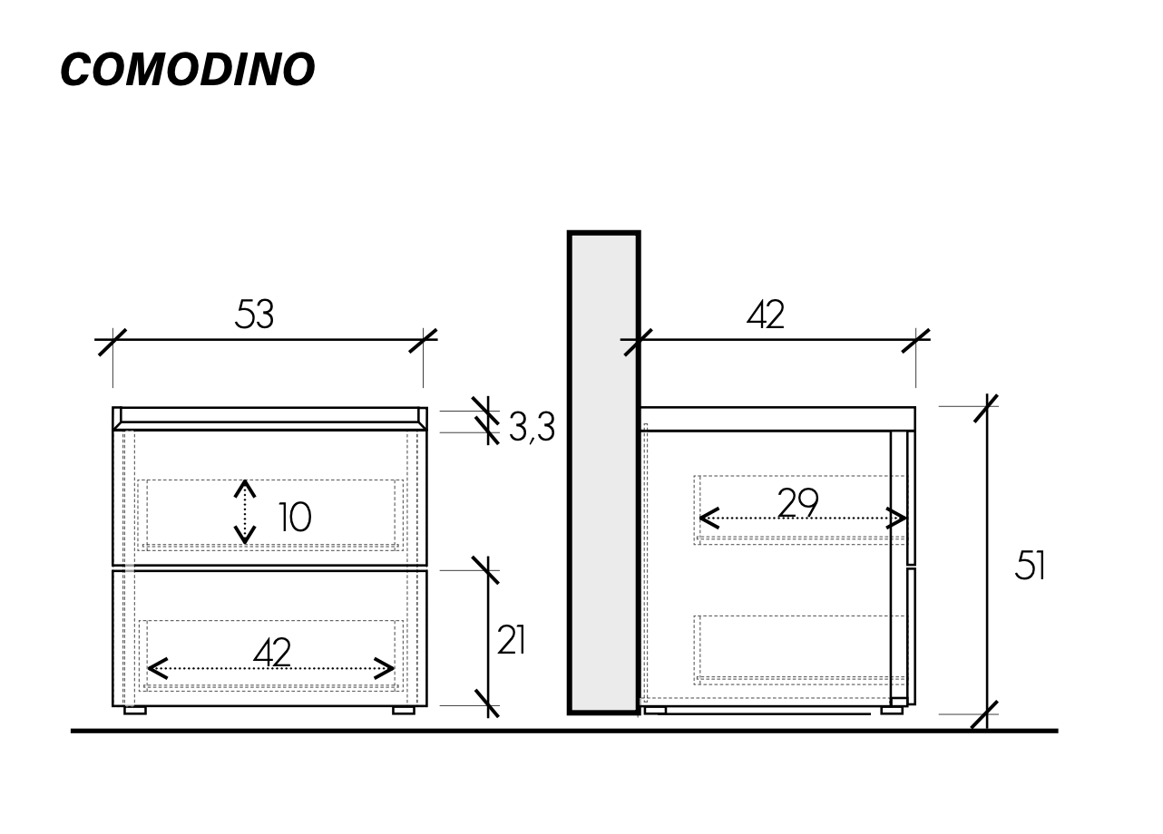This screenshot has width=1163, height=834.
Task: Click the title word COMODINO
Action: click(187, 70)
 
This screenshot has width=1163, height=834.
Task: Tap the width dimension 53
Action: click(254, 315)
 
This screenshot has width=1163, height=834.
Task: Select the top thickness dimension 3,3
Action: click(532, 427)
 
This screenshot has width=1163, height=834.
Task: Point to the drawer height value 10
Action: click(294, 518)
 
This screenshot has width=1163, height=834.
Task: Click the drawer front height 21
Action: click(512, 640)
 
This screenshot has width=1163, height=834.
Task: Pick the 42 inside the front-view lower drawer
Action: click(271, 652)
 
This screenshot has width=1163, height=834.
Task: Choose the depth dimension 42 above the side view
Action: click(765, 315)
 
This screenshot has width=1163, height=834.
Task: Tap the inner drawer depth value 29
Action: click(797, 502)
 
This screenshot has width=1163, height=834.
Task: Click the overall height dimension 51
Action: click(1030, 566)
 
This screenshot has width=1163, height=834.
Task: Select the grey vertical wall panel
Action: click(604, 472)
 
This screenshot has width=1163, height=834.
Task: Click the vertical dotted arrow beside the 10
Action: click(244, 512)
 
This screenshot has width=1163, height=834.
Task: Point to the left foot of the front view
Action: click(134, 711)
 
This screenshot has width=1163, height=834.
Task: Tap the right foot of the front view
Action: click(404, 711)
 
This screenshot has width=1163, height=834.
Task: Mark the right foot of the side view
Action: click(892, 711)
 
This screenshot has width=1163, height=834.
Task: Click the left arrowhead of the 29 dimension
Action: click(708, 519)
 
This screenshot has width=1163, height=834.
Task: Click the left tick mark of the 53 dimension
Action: click(112, 341)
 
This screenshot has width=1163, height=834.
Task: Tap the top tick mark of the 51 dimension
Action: click(986, 407)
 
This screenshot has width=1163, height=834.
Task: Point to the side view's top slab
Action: click(777, 419)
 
